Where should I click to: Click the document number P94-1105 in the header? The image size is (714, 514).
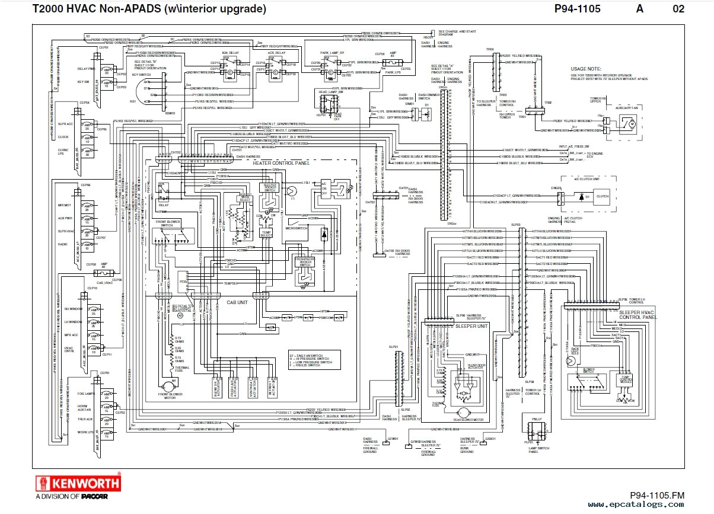pos(578,9)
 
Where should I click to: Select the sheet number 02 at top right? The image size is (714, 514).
pos(678,9)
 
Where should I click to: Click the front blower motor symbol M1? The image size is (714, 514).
pos(174,386)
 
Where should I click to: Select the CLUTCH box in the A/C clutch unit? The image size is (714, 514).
pos(603,196)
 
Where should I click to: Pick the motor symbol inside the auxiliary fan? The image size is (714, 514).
pos(631,123)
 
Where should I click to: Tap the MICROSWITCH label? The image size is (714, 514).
pos(295,228)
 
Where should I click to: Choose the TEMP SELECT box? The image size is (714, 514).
pos(267,234)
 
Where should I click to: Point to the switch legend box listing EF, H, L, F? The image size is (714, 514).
pos(314,358)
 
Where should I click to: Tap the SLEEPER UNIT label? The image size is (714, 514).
pos(471,325)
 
